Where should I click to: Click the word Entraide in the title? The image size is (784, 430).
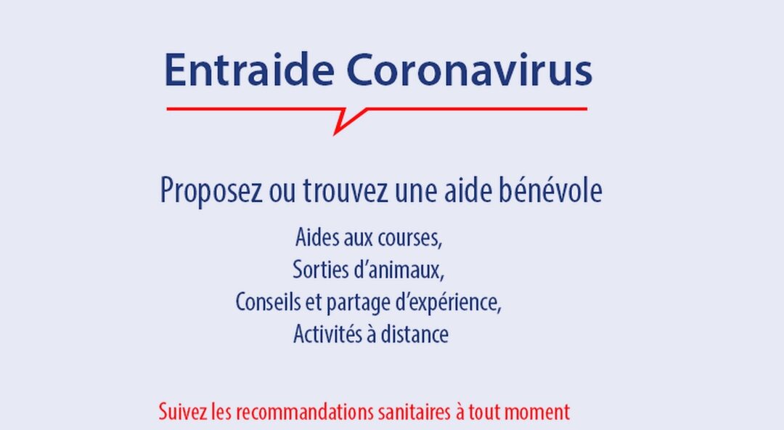pyautogui.click(x=249, y=69)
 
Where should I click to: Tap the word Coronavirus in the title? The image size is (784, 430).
pyautogui.click(x=469, y=69)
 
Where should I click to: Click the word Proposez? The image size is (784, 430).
pyautogui.click(x=211, y=191)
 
